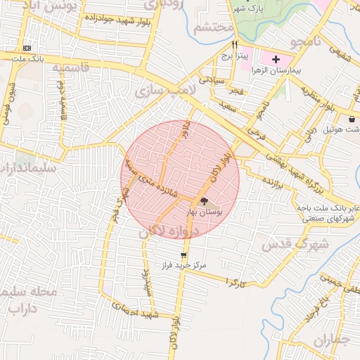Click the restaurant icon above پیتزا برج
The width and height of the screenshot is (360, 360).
[224, 44]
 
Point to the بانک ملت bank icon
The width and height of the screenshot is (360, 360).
[27, 48]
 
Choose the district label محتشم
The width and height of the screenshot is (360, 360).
[212, 28]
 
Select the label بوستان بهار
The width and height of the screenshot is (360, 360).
[203, 212]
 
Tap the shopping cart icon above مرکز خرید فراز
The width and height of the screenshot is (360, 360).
[184, 255]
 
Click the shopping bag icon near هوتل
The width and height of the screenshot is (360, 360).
[352, 119]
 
